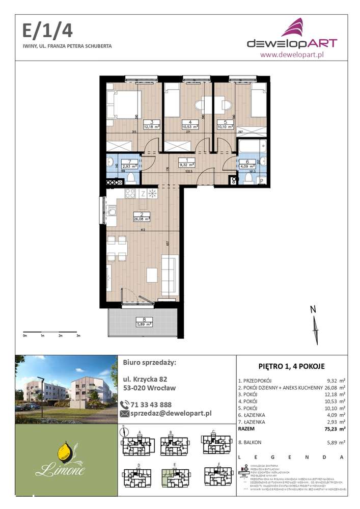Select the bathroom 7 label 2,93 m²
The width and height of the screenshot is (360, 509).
pyautogui.click(x=117, y=165)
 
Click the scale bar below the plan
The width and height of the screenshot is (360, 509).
pyautogui.click(x=51, y=333)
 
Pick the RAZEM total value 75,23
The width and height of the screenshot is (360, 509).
pyautogui.click(x=329, y=429)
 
